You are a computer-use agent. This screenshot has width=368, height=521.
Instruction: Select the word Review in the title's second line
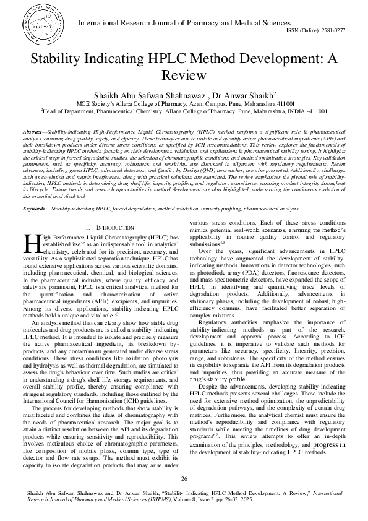184,75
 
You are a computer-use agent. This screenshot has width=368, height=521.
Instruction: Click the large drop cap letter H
31,243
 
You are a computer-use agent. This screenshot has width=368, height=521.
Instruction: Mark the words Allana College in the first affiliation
129,105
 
